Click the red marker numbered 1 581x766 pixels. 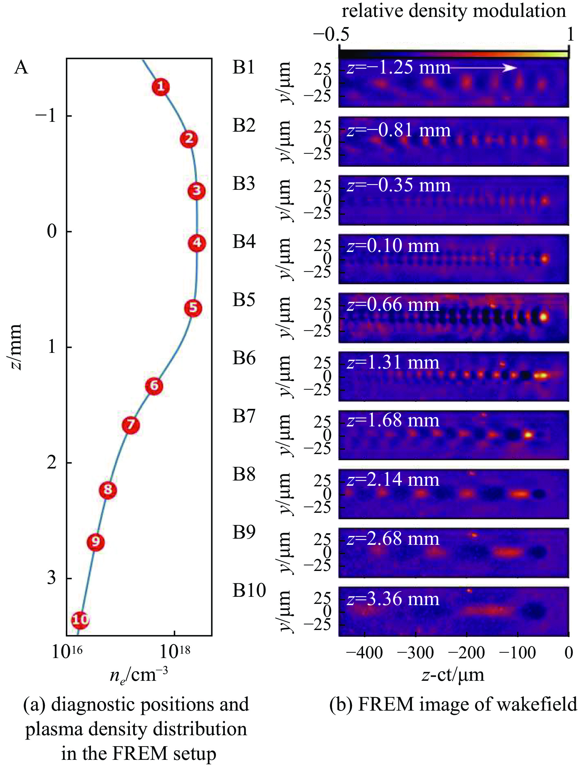tap(160, 87)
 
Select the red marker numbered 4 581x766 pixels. tap(197, 243)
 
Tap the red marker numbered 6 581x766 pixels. tap(154, 385)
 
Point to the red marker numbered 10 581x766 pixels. tap(80, 620)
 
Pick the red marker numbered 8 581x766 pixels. tap(108, 490)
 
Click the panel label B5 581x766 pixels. tap(243, 300)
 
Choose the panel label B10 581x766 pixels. tap(249, 590)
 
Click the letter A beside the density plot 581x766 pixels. tap(21, 67)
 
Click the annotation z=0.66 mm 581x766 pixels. tap(393, 305)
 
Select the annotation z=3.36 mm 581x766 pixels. tap(393, 599)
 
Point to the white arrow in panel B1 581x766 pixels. tap(484, 68)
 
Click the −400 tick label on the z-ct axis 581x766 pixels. tap(364, 653)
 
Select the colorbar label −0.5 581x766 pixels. tap(331, 35)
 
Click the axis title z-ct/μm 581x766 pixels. tap(453, 675)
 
